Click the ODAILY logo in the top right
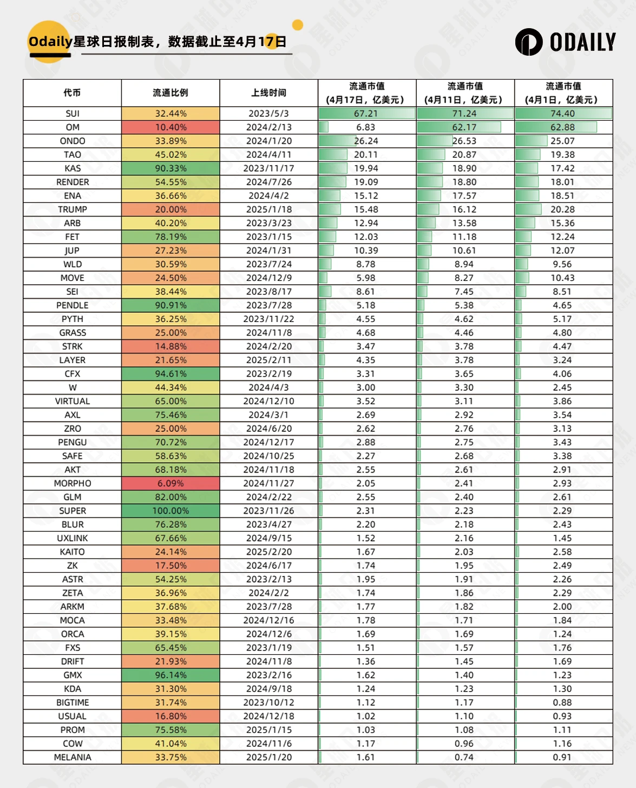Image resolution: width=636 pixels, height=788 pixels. coord(565,42)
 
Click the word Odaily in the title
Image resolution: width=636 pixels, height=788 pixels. coord(50,42)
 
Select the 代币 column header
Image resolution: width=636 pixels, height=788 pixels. coord(72,93)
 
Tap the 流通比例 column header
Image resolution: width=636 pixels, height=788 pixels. coord(171,93)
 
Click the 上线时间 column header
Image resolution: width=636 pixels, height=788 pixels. coord(268,93)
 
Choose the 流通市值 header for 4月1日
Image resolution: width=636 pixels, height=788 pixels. coord(563,93)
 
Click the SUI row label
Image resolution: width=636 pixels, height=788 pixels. coord(73,114)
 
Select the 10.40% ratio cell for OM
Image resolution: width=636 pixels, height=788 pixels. coord(171,127)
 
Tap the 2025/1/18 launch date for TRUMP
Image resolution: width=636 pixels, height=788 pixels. coord(268,209)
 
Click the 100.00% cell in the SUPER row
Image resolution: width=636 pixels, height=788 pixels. coord(171,511)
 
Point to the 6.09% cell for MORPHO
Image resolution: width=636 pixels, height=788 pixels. coord(171,483)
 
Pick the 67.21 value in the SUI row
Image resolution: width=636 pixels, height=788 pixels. coord(366,114)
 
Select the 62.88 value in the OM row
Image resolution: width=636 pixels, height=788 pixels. coord(562,127)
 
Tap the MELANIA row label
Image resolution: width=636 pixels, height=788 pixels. coord(73,757)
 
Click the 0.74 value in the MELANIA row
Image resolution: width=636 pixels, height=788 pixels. coord(464,757)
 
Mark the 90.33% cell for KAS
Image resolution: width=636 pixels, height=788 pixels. coord(171,168)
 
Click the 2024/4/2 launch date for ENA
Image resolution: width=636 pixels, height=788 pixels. coord(268,196)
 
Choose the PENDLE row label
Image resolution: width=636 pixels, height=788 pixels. coord(73,305)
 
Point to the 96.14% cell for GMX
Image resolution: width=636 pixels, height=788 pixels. coord(171,675)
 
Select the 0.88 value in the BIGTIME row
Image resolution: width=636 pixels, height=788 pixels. coord(562,702)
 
